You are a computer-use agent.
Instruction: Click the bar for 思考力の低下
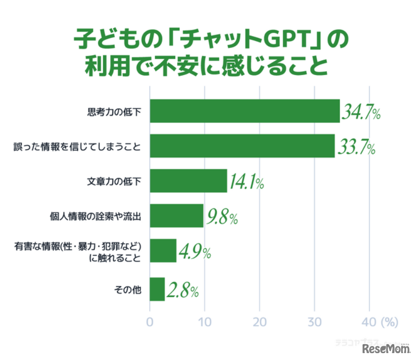click(244, 111)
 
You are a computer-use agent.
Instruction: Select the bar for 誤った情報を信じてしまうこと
click(242, 146)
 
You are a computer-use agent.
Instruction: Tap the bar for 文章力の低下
click(188, 180)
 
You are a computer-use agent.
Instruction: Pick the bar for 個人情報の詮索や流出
click(176, 215)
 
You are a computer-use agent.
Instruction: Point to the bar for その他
click(157, 289)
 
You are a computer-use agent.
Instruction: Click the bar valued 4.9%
click(163, 251)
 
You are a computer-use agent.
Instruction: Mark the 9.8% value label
click(223, 217)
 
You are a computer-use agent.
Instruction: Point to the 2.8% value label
click(183, 291)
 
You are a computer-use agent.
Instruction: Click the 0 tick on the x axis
click(149, 322)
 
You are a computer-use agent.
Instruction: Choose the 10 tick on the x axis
click(204, 322)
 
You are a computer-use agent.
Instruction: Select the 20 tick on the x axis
click(259, 322)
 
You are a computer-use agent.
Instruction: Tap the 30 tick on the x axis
click(314, 322)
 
